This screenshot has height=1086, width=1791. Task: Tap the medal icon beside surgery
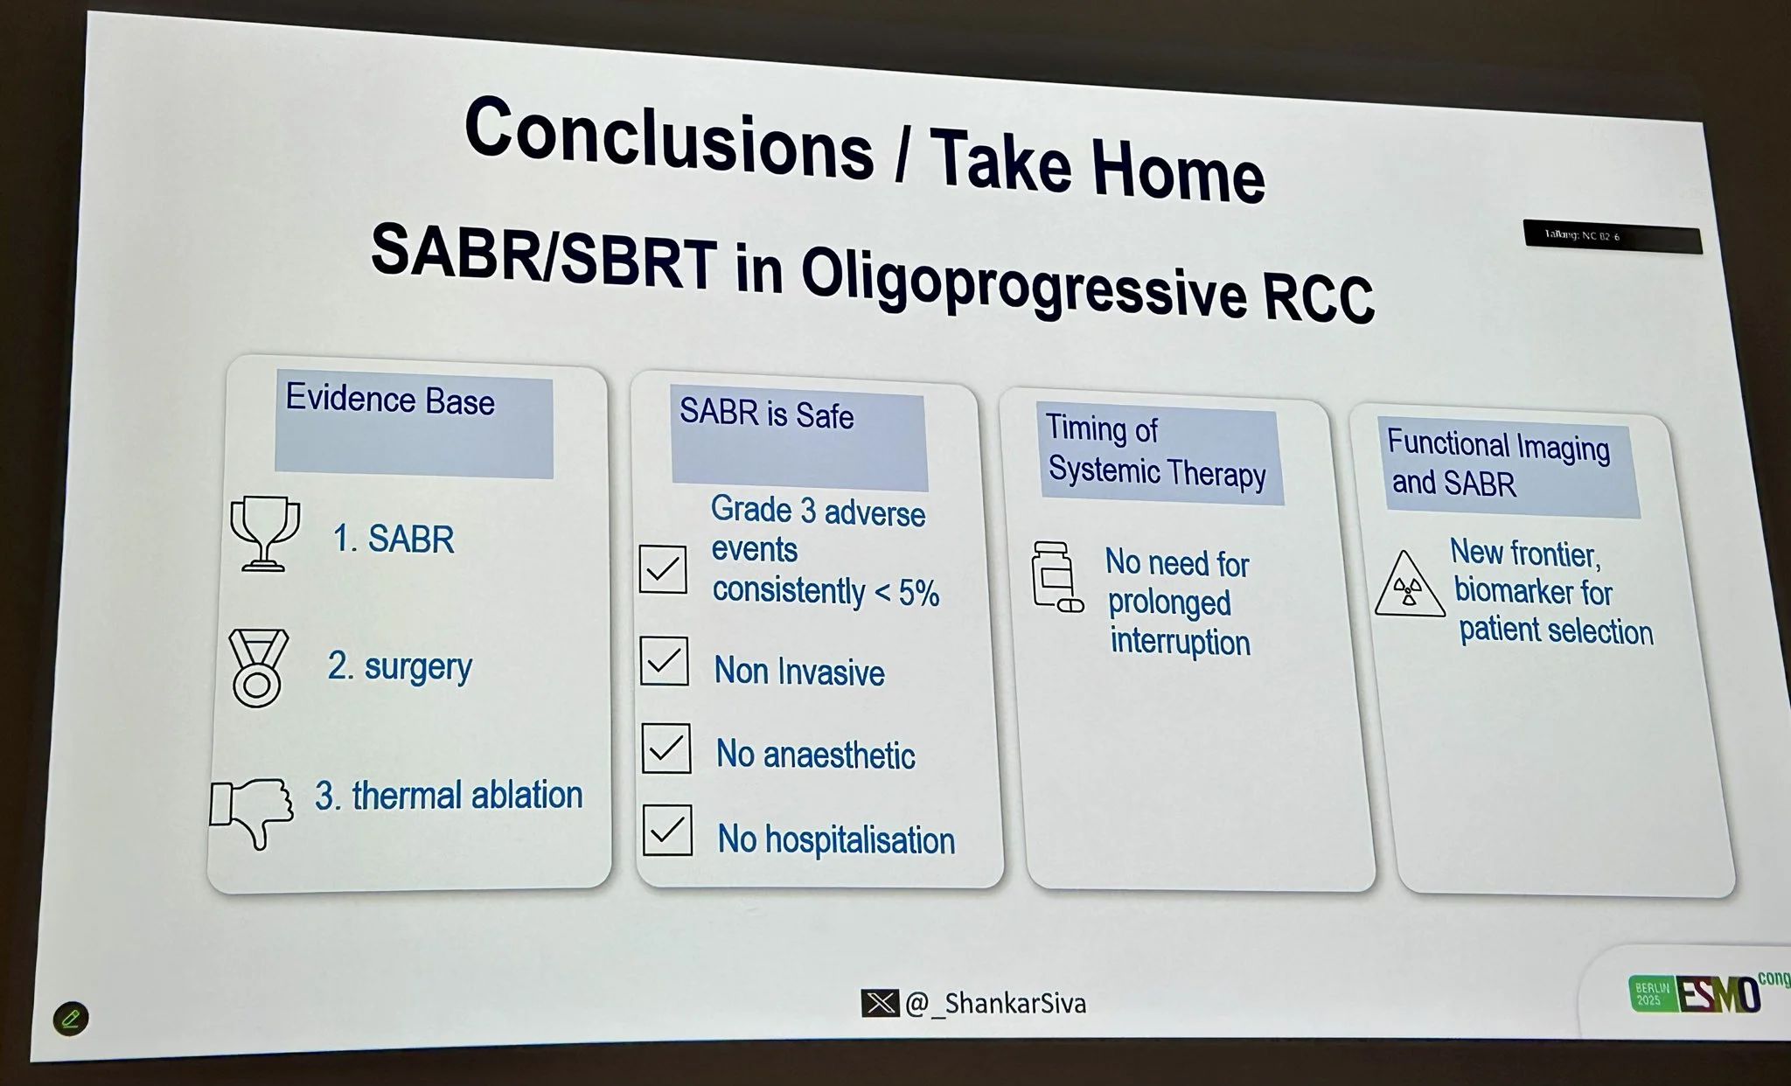(x=257, y=667)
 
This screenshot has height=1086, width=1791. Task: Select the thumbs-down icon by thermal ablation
(x=252, y=811)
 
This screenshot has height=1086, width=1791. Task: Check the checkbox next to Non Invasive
(x=664, y=661)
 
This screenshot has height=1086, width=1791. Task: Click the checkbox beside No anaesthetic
(x=666, y=748)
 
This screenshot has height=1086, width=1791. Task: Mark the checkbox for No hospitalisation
(x=667, y=831)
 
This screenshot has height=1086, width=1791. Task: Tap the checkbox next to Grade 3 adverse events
(x=662, y=569)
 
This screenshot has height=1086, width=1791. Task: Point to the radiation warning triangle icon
(x=1408, y=587)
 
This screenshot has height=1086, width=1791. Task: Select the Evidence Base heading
(x=390, y=400)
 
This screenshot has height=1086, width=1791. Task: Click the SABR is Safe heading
(x=766, y=414)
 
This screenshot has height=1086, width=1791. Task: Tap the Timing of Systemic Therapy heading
(x=1156, y=451)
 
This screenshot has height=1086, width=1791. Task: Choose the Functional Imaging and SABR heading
(x=1497, y=463)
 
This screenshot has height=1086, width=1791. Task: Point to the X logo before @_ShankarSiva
(x=879, y=1002)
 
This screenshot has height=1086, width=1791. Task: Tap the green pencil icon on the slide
(x=71, y=1019)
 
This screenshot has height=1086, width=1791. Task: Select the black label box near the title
(x=1612, y=237)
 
